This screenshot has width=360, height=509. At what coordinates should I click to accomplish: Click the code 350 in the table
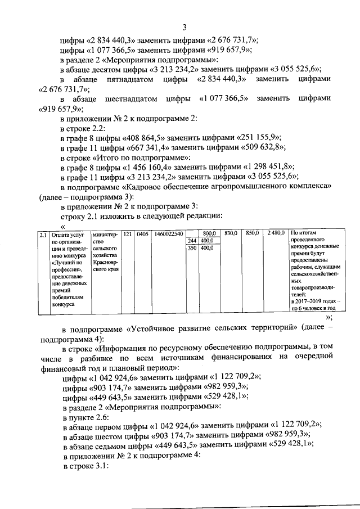coord(192,247)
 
